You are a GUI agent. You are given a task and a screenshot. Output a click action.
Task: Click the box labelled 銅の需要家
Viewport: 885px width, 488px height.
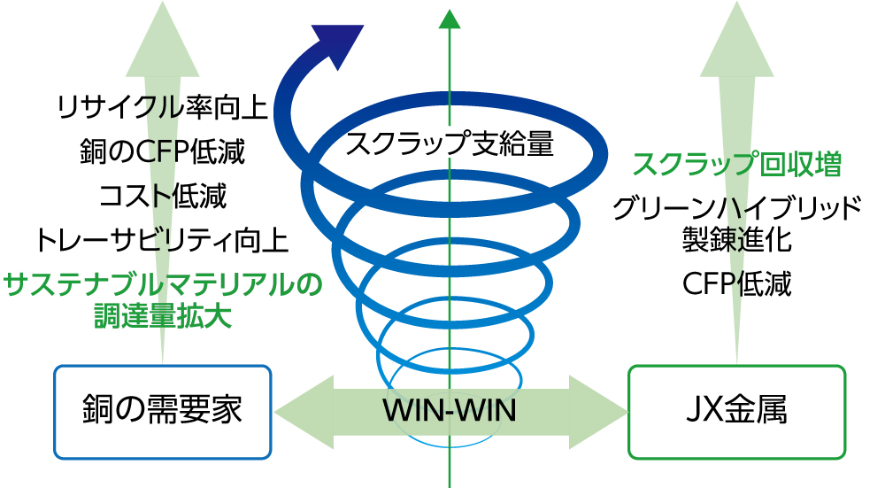click(x=163, y=412)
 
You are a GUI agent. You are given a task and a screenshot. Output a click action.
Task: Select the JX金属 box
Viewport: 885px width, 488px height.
click(x=736, y=412)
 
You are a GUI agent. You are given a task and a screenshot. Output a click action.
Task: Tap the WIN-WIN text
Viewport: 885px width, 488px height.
click(x=449, y=412)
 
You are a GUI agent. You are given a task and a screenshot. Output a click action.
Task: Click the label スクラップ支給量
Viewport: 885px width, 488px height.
click(x=450, y=143)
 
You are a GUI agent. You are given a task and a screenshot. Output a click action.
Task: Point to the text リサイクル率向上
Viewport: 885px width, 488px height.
click(x=161, y=108)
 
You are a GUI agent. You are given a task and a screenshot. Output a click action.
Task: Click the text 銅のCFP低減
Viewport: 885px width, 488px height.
click(x=161, y=151)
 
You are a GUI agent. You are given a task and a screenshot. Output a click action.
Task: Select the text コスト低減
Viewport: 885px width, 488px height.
click(x=163, y=195)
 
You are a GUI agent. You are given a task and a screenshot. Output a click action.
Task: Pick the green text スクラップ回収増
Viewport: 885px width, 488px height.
click(x=736, y=164)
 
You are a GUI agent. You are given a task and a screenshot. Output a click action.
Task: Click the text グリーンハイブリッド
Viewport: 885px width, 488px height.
click(x=736, y=209)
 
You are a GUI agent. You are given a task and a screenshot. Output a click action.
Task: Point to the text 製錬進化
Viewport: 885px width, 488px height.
click(x=736, y=239)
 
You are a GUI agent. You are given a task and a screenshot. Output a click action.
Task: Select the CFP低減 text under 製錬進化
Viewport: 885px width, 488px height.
click(x=736, y=284)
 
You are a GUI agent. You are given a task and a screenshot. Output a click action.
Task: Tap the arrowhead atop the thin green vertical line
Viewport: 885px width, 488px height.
click(x=450, y=18)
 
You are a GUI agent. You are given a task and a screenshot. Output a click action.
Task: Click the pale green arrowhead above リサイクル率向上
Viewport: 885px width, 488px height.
click(x=162, y=40)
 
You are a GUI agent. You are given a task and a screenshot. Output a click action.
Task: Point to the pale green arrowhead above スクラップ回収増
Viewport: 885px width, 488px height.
click(x=736, y=40)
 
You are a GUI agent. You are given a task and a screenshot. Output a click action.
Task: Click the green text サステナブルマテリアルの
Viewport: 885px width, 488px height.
click(x=163, y=285)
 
